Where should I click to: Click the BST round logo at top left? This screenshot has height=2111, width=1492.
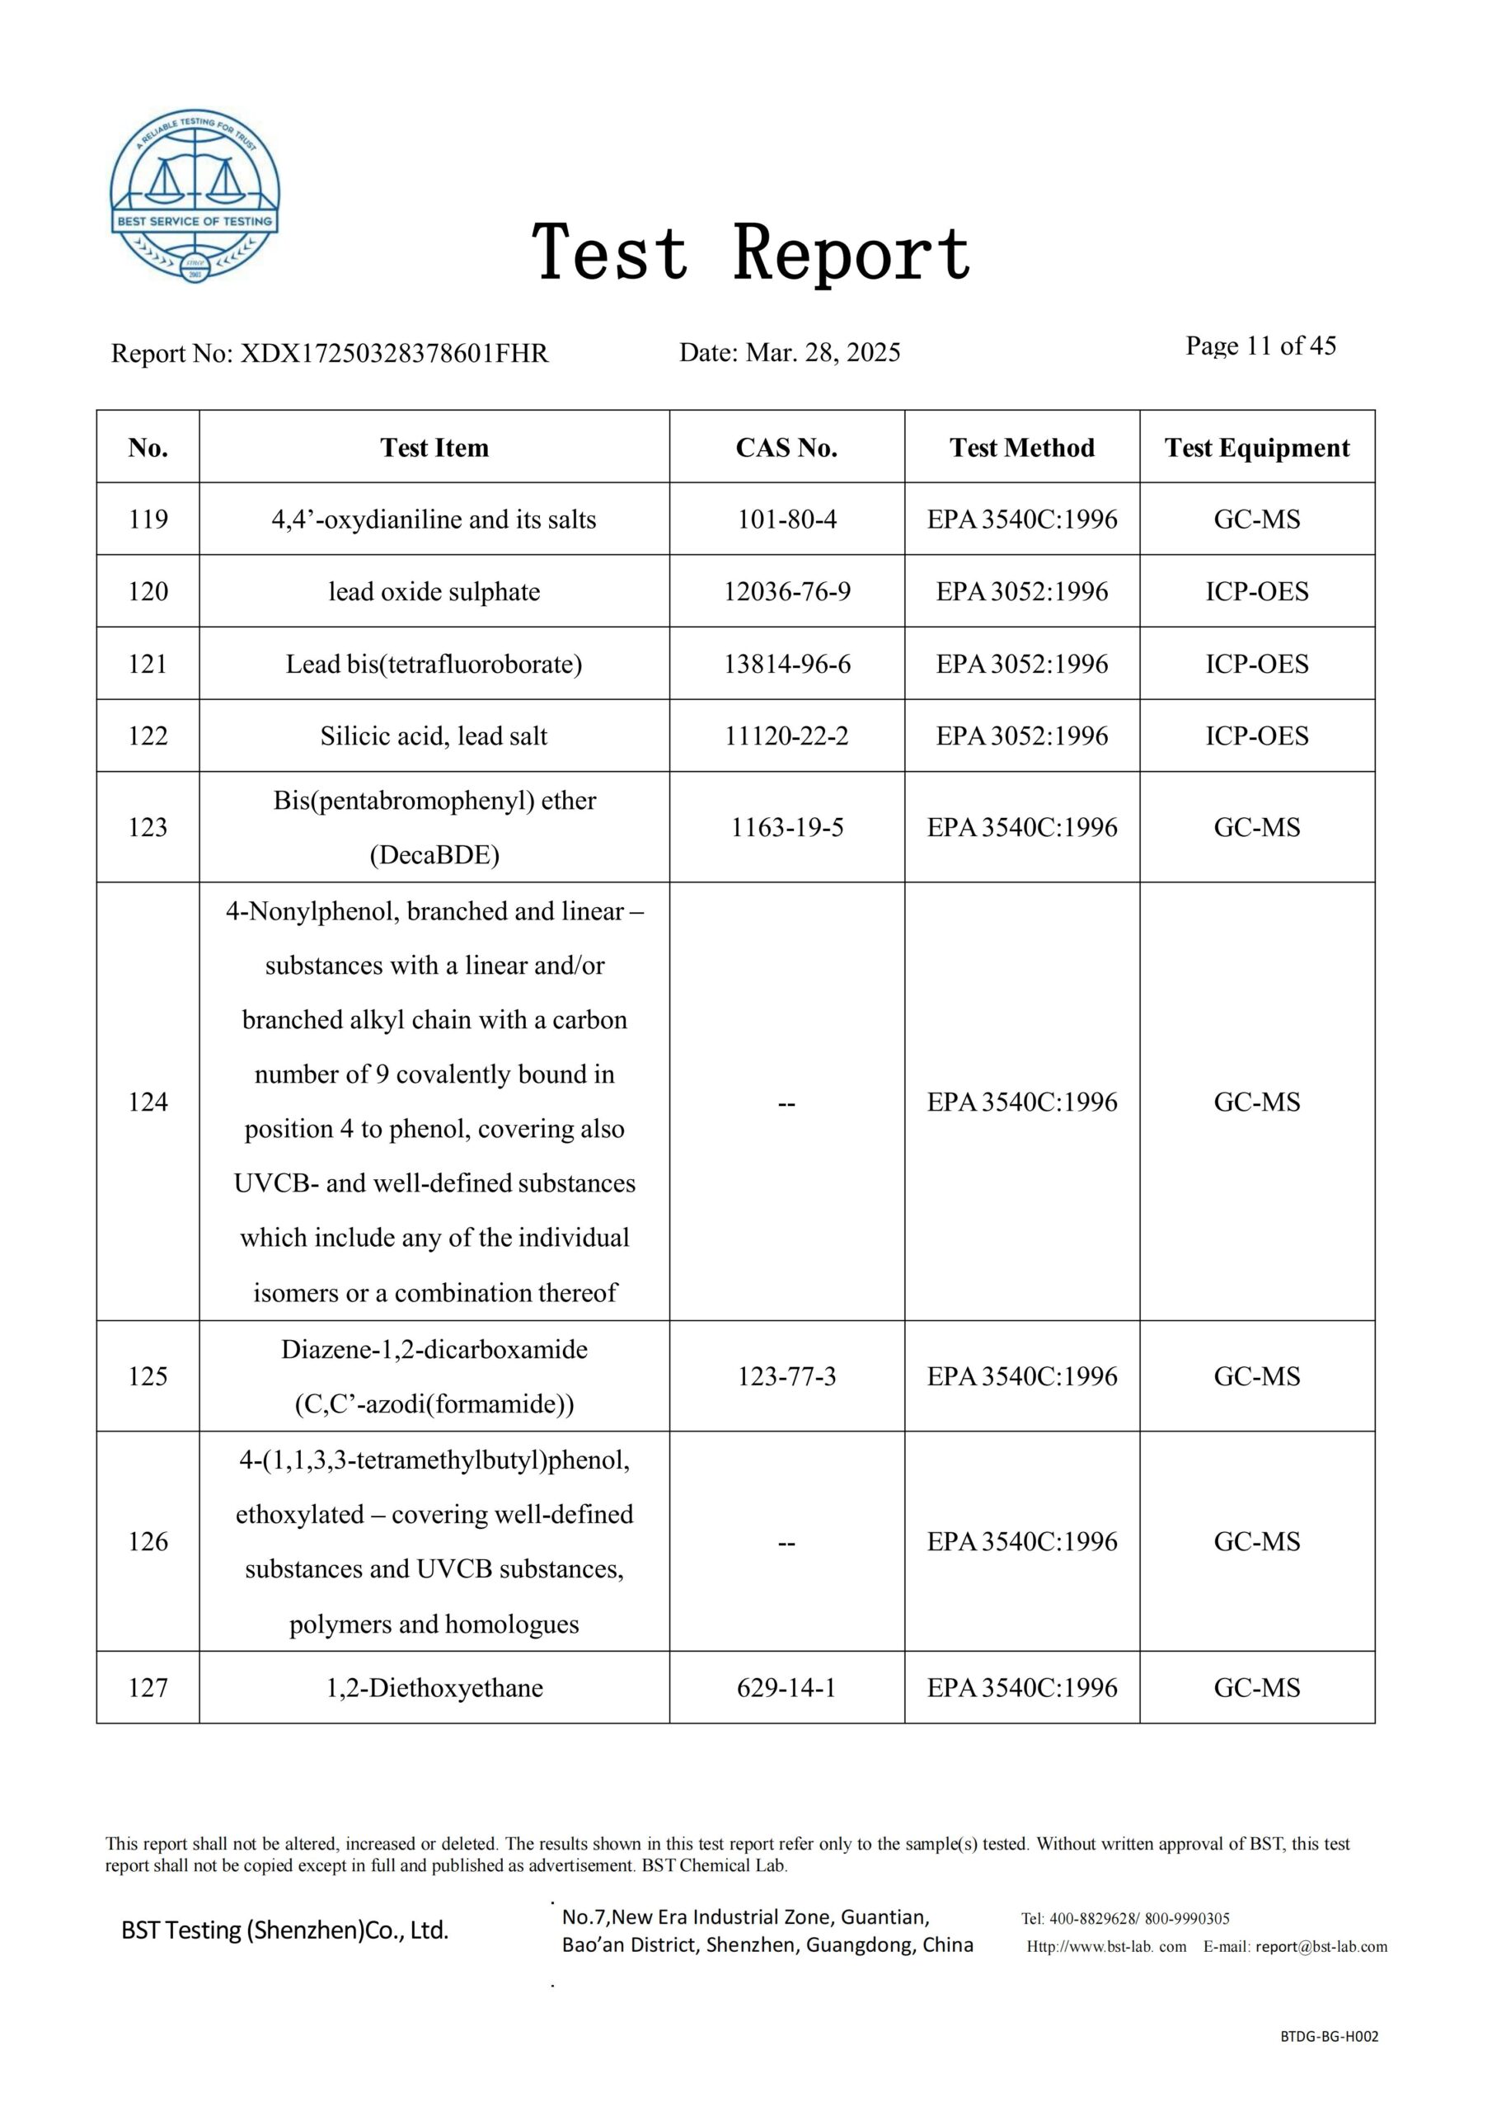coord(195,197)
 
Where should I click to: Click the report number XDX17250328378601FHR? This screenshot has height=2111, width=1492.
coord(393,353)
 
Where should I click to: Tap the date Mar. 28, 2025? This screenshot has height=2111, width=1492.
coord(823,352)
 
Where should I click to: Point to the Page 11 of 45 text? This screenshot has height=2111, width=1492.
coord(1260,346)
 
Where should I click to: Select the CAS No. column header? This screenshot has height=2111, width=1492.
coord(786,448)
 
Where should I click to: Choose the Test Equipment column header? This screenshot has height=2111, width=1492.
coord(1257,448)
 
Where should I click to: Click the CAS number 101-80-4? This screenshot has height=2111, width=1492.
coord(787,520)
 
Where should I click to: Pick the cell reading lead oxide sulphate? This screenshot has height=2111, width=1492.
coord(434,591)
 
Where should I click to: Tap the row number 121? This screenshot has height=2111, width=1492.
coord(148,664)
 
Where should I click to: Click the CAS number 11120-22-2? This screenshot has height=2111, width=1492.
coord(787,736)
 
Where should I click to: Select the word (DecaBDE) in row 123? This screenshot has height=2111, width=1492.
coord(434,855)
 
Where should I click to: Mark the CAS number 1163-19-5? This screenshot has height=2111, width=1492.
coord(787,827)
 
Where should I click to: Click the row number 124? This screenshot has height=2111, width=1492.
coord(148,1102)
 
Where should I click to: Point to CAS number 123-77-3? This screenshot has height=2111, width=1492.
coord(787,1376)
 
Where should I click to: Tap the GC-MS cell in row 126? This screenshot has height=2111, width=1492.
coord(1257,1541)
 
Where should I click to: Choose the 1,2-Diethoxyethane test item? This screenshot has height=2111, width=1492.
coord(434,1688)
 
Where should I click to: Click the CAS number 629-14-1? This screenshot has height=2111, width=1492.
coord(787,1688)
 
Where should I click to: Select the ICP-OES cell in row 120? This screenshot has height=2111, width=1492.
coord(1257,591)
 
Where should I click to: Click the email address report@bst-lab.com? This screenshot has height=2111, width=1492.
coord(1321,1946)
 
